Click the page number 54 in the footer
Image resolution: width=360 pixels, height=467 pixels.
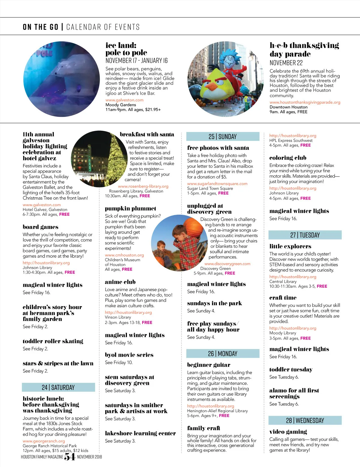pyautogui.click(x=70, y=457)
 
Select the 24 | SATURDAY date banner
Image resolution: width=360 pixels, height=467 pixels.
pyautogui.click(x=58, y=387)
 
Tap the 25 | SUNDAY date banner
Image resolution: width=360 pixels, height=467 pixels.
pyautogui.click(x=223, y=137)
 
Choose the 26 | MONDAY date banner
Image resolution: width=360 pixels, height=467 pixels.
pyautogui.click(x=223, y=354)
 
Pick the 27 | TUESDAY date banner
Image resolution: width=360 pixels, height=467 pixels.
pyautogui.click(x=305, y=235)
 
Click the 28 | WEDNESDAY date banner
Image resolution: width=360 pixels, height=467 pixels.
pyautogui.click(x=305, y=420)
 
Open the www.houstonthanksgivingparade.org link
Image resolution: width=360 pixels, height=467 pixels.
pyautogui.click(x=305, y=102)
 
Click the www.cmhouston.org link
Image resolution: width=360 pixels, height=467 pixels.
pyautogui.click(x=124, y=255)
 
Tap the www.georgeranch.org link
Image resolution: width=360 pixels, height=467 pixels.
pyautogui.click(x=44, y=441)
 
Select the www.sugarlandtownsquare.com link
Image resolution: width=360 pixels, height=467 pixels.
pyautogui.click(x=217, y=183)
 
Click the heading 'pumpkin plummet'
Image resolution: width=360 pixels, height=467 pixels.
pyautogui.click(x=130, y=208)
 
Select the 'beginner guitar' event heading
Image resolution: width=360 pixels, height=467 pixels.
pyautogui.click(x=209, y=365)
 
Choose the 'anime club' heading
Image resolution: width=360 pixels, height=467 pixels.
pyautogui.click(x=120, y=282)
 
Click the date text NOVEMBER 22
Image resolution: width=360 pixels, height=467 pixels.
pyautogui.click(x=286, y=63)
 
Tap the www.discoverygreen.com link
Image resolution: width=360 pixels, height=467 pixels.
pyautogui.click(x=227, y=264)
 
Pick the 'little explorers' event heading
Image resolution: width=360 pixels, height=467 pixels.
pyautogui.click(x=290, y=246)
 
